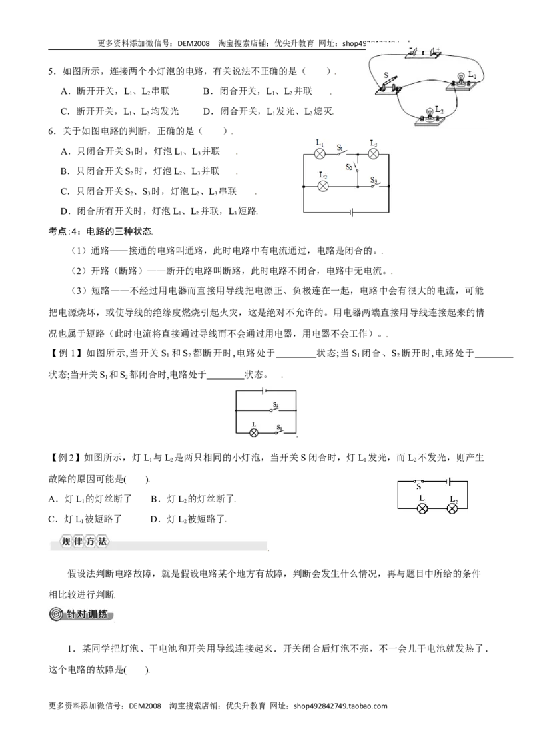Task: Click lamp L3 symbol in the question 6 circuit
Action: [373, 154]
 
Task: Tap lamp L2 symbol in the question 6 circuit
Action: [323, 186]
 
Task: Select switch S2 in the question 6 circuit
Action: [356, 168]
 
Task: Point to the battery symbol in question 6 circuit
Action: [352, 212]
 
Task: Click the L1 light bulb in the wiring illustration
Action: [460, 77]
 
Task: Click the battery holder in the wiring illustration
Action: [423, 53]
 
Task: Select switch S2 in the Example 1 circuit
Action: [276, 410]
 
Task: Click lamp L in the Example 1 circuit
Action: [254, 432]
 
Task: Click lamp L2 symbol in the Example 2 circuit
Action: [452, 508]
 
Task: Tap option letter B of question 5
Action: [207, 91]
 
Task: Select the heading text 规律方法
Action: [84, 541]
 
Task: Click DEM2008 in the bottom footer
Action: [145, 706]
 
